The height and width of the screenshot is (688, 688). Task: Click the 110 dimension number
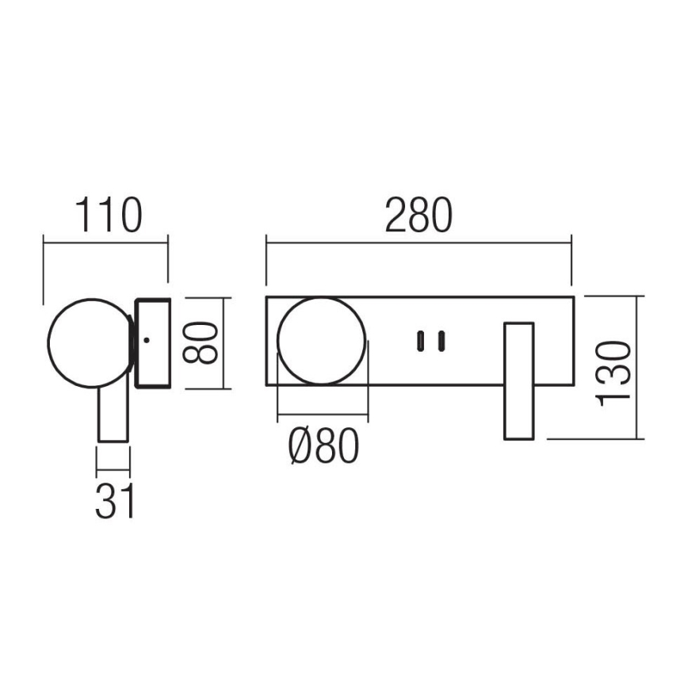tap(109, 216)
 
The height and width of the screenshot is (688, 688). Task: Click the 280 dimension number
tap(418, 216)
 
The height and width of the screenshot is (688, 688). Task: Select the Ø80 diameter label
tap(323, 448)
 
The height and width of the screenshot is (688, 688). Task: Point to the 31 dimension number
tap(115, 501)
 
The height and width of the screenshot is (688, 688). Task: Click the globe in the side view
tap(86, 342)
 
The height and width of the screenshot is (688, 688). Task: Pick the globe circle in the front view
tap(322, 341)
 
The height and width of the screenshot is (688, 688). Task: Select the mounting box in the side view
tap(153, 342)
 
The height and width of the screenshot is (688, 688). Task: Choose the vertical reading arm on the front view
tap(519, 380)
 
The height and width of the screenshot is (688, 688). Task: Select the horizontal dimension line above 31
tap(113, 468)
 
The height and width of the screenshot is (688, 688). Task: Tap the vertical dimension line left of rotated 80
tap(225, 342)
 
